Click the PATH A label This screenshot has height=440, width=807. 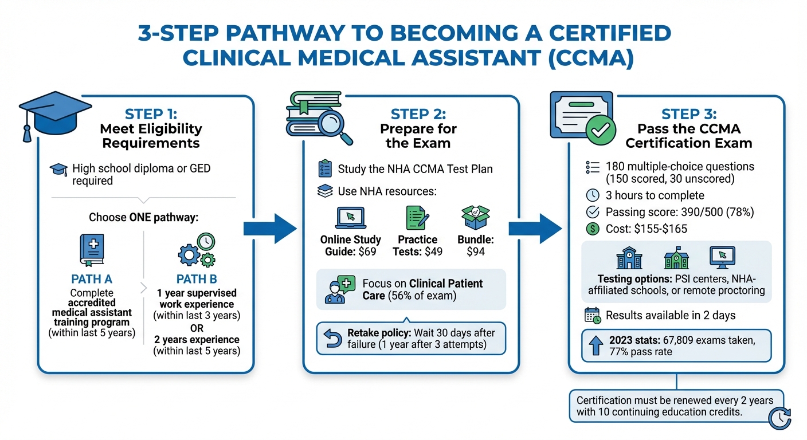(92, 279)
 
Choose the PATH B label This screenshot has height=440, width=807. (196, 279)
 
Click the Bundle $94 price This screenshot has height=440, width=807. (476, 252)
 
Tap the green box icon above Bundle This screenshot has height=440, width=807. (476, 218)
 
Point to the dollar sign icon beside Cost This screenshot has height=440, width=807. (593, 228)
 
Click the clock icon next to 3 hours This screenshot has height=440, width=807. (593, 195)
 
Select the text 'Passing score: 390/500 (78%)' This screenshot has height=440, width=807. (680, 212)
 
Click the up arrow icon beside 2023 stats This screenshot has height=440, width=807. (594, 345)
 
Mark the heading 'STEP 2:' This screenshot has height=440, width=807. (418, 113)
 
